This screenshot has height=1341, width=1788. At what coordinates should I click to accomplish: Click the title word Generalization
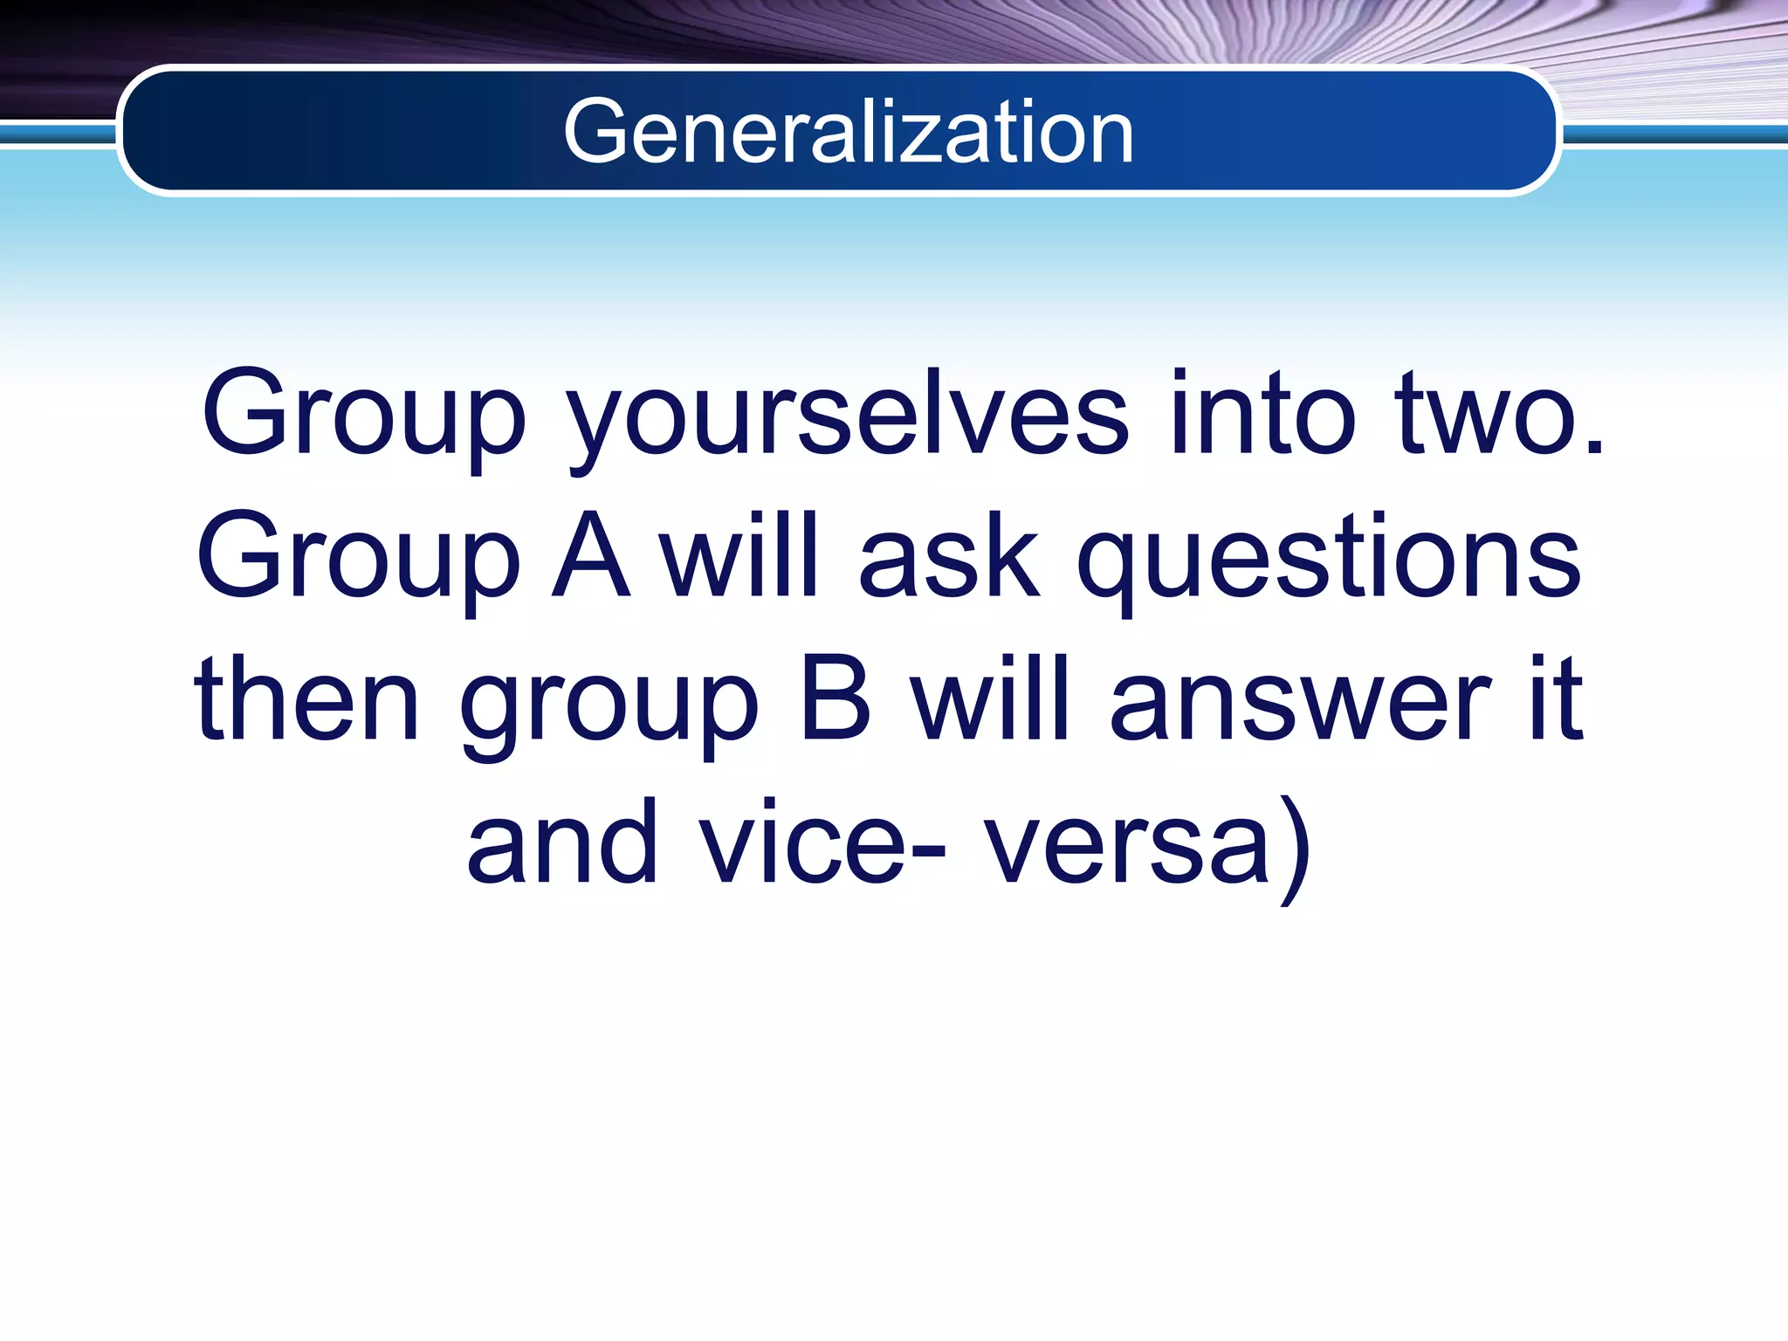click(x=849, y=132)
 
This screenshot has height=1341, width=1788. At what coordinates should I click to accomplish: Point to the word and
click(x=562, y=842)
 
